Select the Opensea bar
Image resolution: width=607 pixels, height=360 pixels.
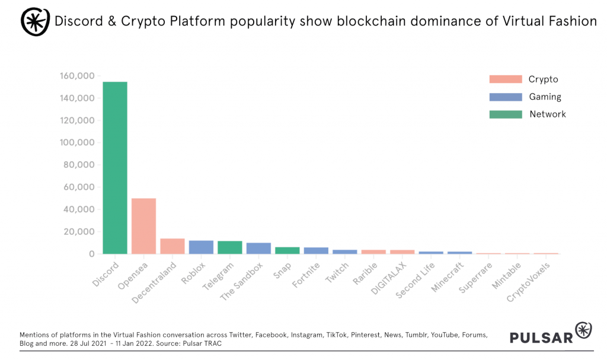tap(143, 226)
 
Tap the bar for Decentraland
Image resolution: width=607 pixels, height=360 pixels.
tap(172, 246)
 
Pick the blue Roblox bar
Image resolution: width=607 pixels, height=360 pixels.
tap(201, 247)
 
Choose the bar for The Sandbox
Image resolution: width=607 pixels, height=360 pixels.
tap(258, 249)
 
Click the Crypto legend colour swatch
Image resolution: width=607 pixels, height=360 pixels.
tap(505, 79)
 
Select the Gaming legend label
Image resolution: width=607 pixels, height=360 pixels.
tap(545, 97)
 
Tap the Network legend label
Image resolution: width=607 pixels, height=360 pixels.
tap(548, 114)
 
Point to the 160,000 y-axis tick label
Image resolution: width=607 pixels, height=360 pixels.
tap(77, 76)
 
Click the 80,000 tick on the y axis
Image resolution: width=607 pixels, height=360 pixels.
tap(79, 165)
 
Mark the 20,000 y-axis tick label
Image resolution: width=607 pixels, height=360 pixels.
tap(79, 232)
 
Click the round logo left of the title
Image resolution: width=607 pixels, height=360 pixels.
tap(36, 21)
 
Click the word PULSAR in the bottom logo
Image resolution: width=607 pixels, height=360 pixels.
tap(541, 337)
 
